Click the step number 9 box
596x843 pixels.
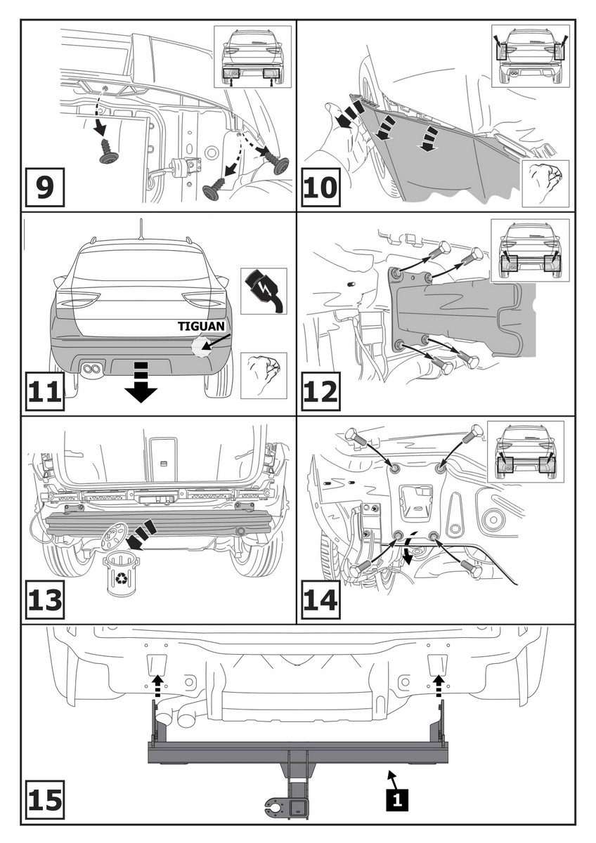[44, 187]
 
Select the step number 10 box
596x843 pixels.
[320, 187]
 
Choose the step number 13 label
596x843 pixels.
[44, 601]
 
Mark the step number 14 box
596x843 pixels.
[320, 601]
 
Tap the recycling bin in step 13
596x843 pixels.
[122, 573]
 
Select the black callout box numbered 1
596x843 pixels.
[397, 798]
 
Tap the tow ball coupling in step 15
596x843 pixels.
[281, 804]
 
